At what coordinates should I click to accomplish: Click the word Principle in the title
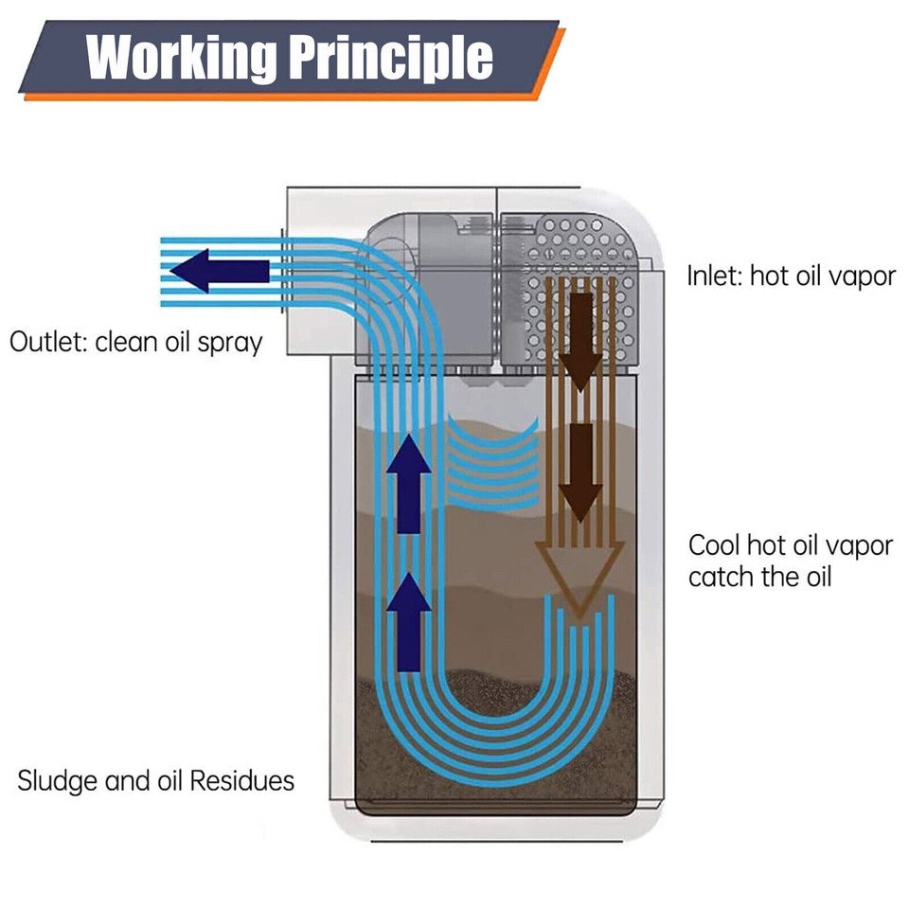(390, 57)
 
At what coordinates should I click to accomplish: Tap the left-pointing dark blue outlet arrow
(220, 271)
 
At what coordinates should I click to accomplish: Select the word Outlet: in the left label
(47, 342)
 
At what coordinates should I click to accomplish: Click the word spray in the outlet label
(229, 343)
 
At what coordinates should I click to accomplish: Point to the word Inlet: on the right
(714, 276)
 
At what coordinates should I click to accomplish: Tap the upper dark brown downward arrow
(580, 341)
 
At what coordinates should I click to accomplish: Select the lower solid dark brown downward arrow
(580, 472)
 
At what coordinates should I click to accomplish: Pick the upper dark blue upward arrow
(409, 483)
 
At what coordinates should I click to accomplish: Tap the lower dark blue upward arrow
(409, 621)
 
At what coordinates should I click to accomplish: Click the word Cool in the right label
(714, 545)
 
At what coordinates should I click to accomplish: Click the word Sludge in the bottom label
(58, 781)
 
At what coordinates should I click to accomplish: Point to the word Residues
(241, 781)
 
